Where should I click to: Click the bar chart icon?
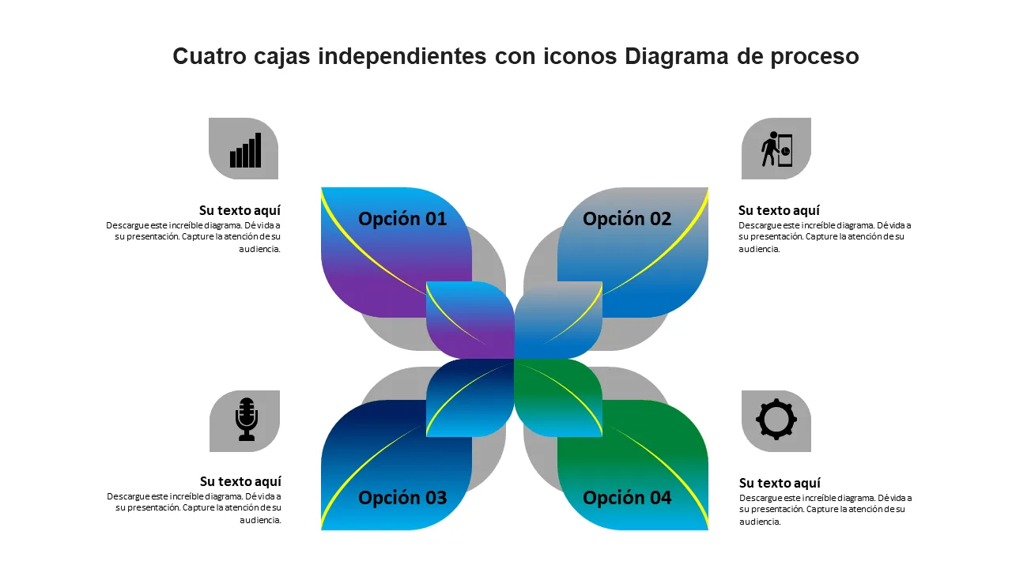(245, 150)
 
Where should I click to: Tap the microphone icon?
(247, 419)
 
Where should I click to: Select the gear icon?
(776, 419)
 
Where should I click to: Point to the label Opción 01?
(402, 219)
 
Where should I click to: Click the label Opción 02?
(627, 219)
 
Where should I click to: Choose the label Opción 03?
(402, 498)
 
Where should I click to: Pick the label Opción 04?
(627, 498)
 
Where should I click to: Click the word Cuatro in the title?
(208, 57)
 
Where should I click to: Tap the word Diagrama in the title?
(678, 57)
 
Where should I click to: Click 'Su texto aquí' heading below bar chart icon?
(240, 210)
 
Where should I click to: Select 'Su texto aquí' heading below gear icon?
(780, 483)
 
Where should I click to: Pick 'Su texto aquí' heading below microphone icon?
(240, 481)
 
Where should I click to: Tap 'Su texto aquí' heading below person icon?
(779, 210)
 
